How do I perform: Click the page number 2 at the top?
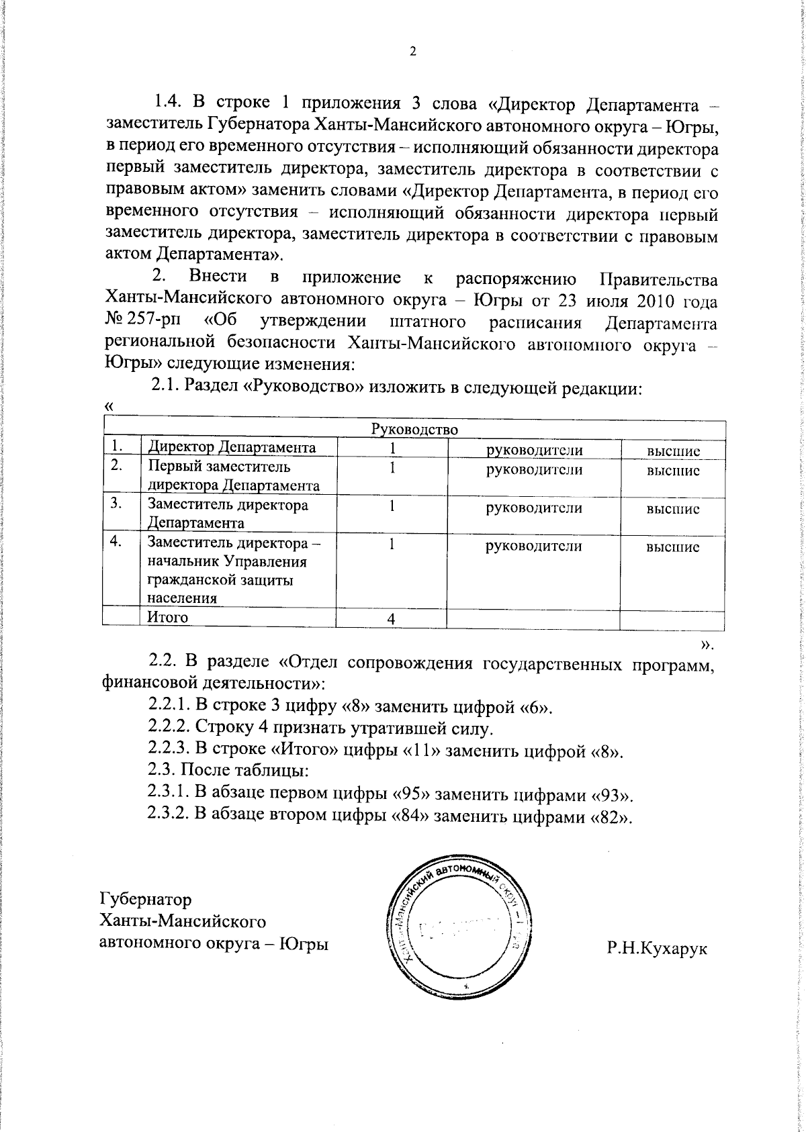(413, 52)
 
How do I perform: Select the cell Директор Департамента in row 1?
(232, 448)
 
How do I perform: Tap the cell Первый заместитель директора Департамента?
(233, 476)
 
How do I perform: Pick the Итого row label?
(168, 617)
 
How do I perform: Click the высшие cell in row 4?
(672, 547)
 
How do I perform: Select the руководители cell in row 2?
(533, 470)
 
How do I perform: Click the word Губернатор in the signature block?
(145, 899)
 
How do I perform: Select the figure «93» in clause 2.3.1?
(611, 795)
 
